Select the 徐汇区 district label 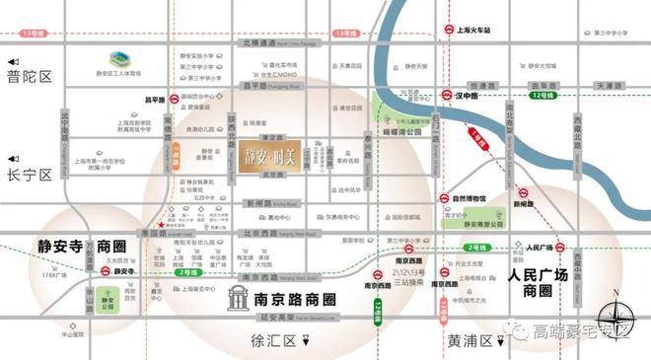279,341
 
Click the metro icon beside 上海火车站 450,31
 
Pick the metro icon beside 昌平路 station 172,99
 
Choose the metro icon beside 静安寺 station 105,269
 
